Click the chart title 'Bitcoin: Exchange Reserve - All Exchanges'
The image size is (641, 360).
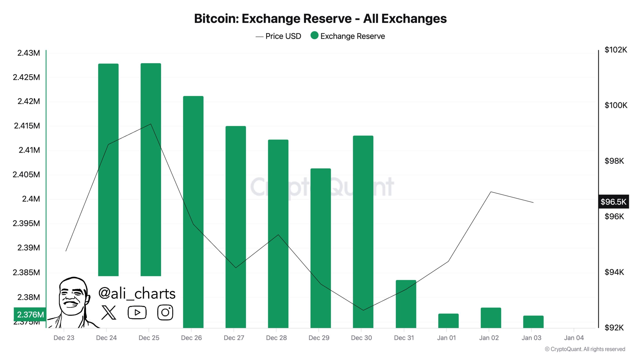pos(320,18)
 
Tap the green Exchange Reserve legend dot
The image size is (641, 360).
pos(314,35)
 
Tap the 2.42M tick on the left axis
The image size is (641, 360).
pos(29,101)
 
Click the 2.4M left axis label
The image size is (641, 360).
pos(31,199)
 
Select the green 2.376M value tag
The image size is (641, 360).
pos(30,314)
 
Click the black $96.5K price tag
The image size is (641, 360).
pos(613,201)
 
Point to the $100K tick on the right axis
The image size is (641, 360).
pos(616,105)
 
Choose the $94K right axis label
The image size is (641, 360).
pos(614,272)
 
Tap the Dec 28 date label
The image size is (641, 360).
pos(276,338)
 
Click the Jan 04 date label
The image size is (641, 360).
pos(574,338)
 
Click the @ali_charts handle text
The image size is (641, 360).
pos(137,293)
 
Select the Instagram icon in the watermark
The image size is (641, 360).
pos(165,312)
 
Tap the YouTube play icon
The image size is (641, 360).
pos(137,312)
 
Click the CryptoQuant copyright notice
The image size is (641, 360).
pos(585,349)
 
